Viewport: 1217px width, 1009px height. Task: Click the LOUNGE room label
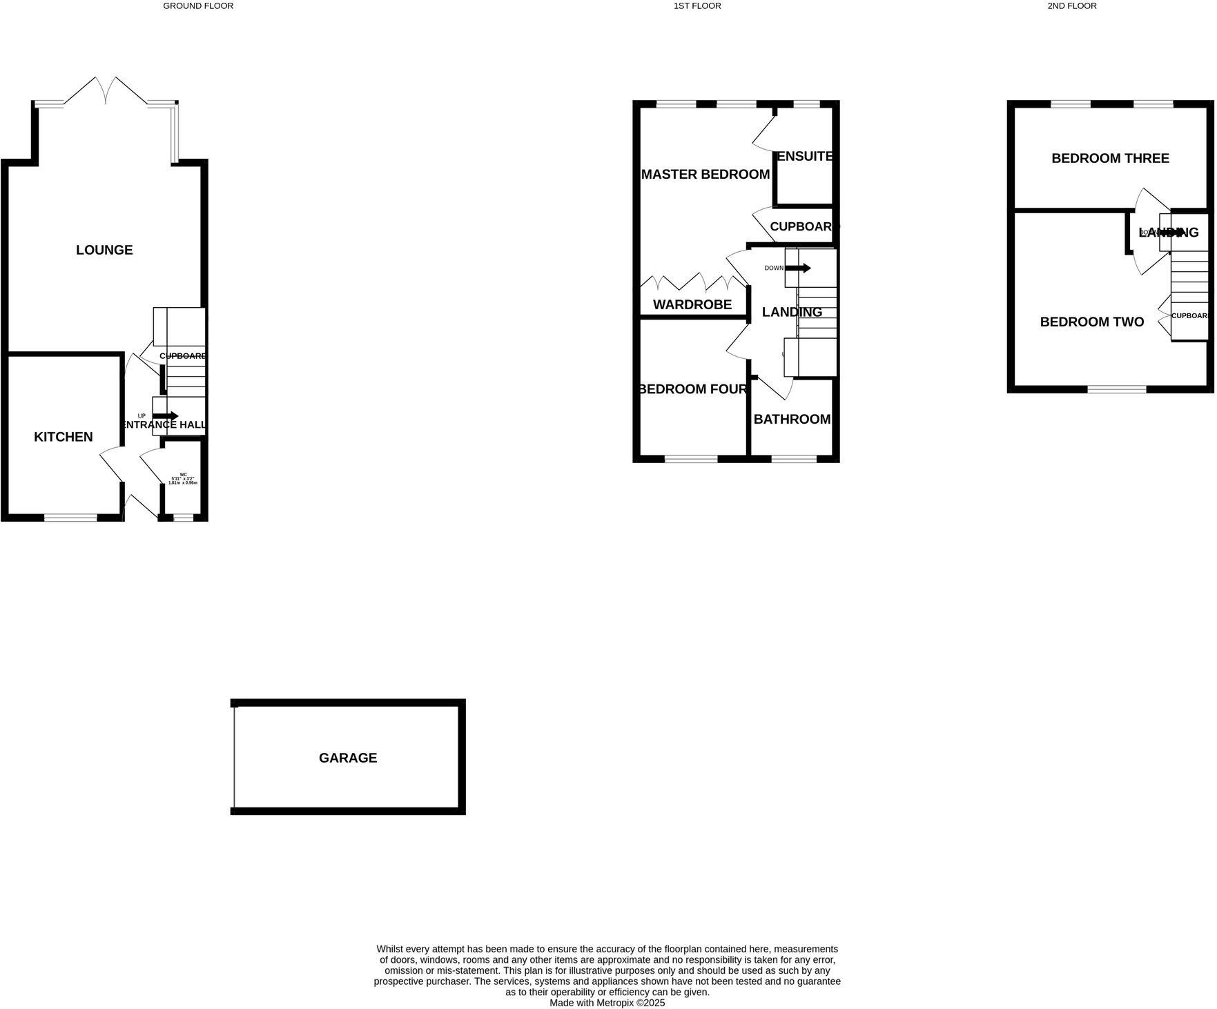(x=104, y=250)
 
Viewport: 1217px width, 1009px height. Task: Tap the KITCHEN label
(x=64, y=437)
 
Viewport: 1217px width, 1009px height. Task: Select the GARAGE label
(x=348, y=758)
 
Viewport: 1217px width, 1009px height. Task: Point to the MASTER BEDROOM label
(x=705, y=175)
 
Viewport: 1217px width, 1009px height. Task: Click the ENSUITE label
(x=805, y=157)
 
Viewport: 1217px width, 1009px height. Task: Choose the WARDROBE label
(x=692, y=304)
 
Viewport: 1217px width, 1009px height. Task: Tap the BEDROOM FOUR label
(x=693, y=389)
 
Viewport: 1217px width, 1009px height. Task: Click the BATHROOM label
(x=792, y=420)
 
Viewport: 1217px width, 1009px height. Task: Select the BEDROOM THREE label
(x=1110, y=159)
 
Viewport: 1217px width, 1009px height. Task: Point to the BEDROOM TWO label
(x=1092, y=322)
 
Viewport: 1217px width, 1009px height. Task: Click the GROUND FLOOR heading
(x=198, y=6)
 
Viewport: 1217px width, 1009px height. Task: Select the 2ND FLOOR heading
(x=1071, y=6)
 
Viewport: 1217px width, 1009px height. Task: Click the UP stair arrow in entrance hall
(x=166, y=415)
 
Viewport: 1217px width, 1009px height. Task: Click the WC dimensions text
(x=183, y=479)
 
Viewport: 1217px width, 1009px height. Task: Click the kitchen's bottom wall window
(x=71, y=517)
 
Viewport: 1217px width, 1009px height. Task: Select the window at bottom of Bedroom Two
(x=1116, y=389)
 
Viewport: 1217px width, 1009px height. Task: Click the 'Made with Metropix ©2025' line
(x=607, y=1003)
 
